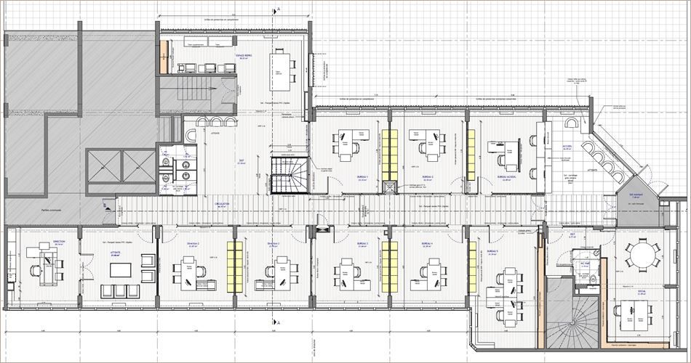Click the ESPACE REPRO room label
coord(243,55)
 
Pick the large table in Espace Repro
coord(279,68)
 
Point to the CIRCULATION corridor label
coord(222,205)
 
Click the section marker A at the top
coord(277,9)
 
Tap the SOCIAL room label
coord(642,290)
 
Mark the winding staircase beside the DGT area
coord(288,174)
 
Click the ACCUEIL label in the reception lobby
coord(567,145)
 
